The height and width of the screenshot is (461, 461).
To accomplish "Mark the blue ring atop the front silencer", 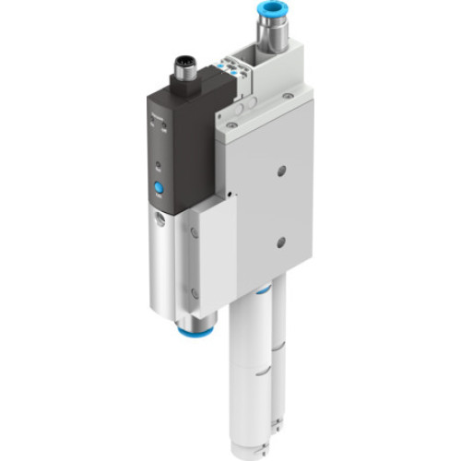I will [262, 291].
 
